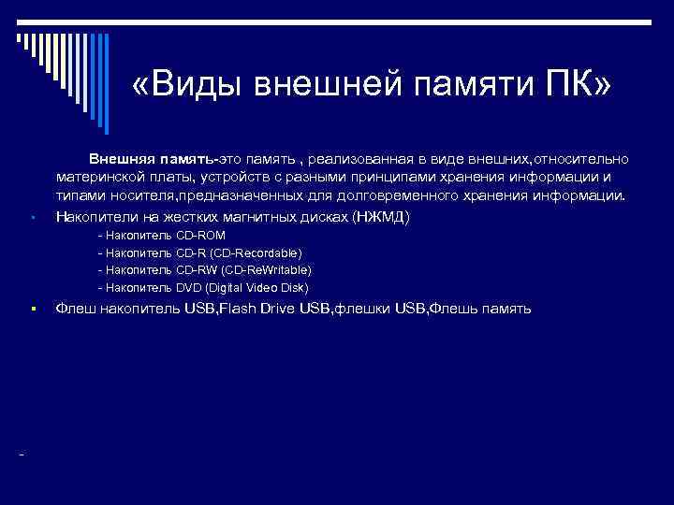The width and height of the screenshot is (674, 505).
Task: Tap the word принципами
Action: [381, 179]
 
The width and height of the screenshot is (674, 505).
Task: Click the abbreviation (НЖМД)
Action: [381, 216]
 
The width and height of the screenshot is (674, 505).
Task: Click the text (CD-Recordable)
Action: [256, 252]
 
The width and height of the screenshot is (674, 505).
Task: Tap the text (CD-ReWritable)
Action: [259, 270]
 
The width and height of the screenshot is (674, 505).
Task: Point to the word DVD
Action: [189, 288]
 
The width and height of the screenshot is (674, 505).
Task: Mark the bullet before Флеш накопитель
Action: [32, 309]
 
